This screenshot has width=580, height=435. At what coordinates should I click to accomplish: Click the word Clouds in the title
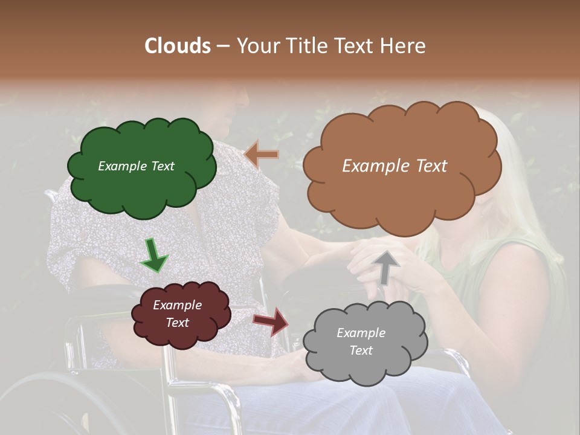pos(178,46)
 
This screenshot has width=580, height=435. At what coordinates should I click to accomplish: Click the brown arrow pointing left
pos(262,155)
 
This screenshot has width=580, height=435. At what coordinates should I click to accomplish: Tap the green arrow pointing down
pos(154,255)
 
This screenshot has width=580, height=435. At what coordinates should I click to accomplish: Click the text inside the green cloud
pos(136,166)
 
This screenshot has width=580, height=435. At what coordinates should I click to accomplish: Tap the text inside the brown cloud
pos(395,166)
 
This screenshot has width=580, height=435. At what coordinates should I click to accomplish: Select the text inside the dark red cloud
pos(177,314)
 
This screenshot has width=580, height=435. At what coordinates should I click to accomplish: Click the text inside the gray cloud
pos(361,341)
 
